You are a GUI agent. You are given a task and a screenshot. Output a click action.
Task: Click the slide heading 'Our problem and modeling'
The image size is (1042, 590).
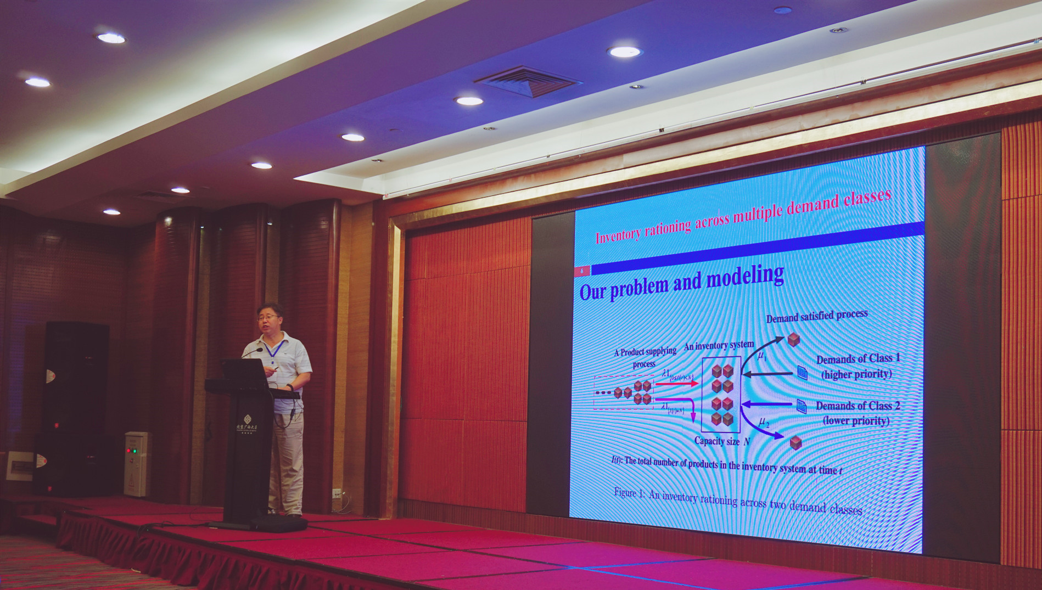(x=681, y=283)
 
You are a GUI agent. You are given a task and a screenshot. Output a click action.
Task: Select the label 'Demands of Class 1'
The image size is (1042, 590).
(x=858, y=359)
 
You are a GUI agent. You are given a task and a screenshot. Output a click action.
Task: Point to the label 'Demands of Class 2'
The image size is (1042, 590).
(x=858, y=406)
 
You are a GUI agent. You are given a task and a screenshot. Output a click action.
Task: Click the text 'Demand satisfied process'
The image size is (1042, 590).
(x=816, y=316)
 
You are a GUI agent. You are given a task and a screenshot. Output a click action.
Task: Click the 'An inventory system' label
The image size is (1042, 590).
(x=718, y=345)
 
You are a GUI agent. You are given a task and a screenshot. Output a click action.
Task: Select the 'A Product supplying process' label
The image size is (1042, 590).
(x=645, y=357)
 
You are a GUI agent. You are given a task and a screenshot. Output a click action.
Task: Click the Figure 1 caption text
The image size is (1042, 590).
(x=737, y=501)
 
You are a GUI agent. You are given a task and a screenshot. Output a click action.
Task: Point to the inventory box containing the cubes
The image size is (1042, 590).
(x=721, y=394)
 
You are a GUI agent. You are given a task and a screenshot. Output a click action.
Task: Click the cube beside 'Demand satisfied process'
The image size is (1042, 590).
(x=793, y=339)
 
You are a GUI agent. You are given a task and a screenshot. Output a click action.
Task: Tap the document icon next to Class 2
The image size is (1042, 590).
(x=802, y=406)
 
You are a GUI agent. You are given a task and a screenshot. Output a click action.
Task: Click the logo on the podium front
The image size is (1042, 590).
(x=247, y=423)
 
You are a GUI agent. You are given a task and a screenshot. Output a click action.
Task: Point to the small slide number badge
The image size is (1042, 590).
(x=582, y=270)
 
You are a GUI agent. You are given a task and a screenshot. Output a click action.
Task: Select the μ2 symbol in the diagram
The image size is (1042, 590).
(x=764, y=422)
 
